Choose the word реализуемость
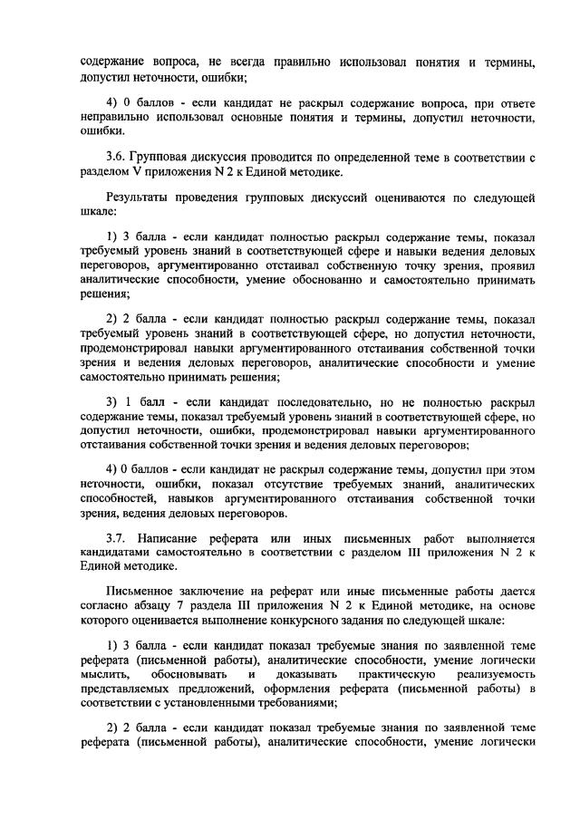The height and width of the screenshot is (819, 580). click(493, 673)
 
